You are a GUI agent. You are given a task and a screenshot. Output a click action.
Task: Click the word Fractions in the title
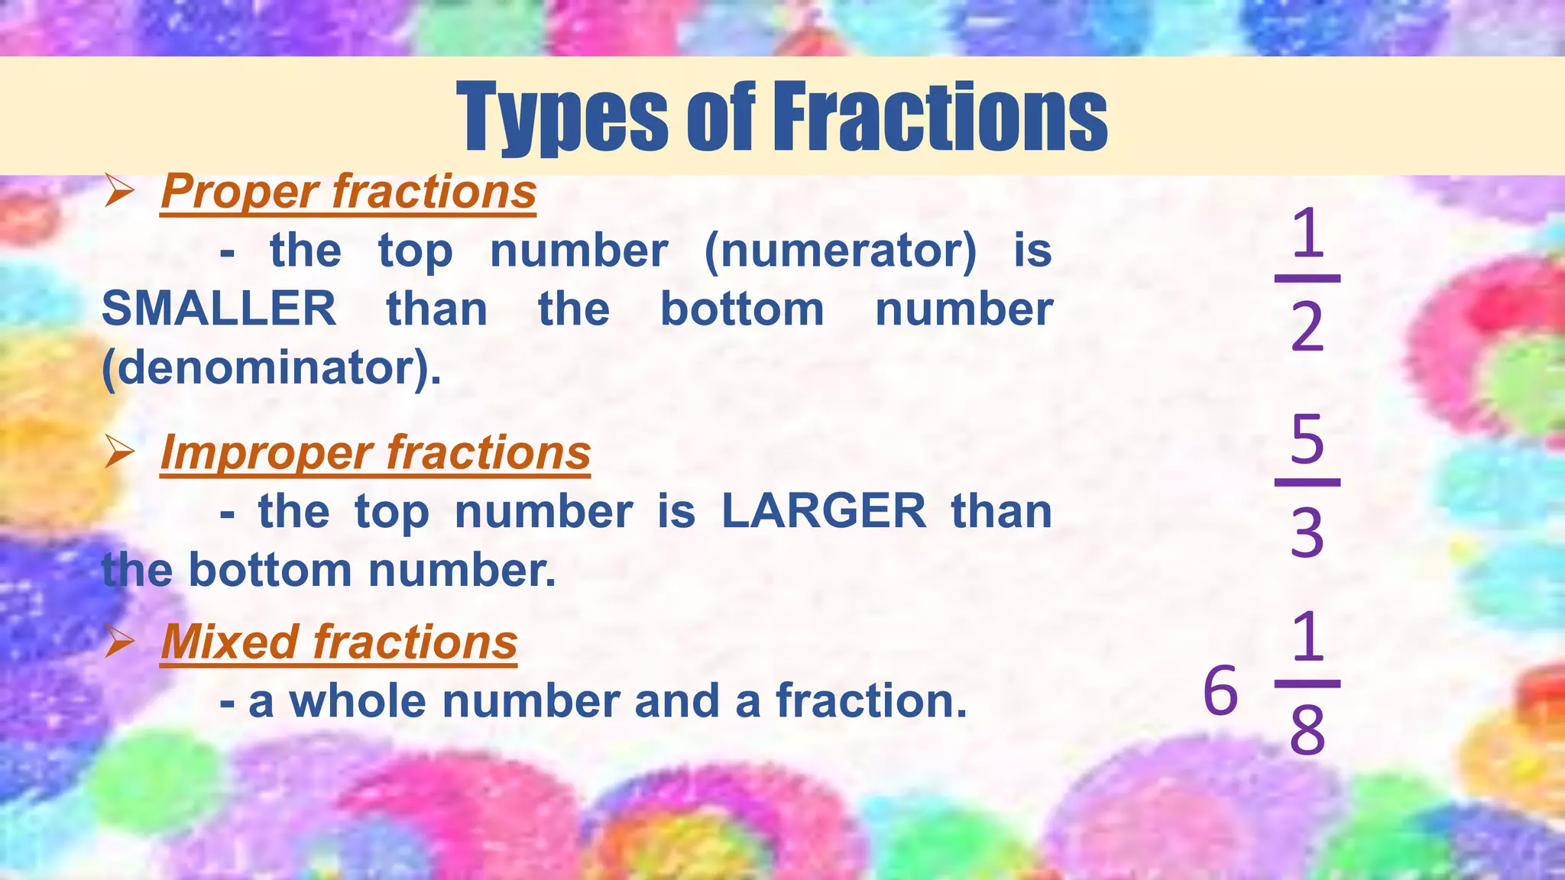940,116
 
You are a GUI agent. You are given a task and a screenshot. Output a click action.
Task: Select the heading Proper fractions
348,191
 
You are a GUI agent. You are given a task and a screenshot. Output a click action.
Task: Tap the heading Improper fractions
375,452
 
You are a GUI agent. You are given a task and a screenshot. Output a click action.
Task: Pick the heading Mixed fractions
339,642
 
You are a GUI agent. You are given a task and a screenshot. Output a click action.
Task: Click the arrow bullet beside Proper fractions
119,190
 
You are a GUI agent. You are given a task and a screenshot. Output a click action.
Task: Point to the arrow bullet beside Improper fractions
119,451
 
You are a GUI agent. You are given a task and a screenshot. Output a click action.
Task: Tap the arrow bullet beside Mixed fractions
119,641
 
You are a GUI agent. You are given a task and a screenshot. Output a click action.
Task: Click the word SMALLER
219,309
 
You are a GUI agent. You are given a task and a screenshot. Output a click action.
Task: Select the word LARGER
824,511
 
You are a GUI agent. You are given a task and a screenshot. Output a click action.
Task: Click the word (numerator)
840,251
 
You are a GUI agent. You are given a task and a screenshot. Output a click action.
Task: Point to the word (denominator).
271,368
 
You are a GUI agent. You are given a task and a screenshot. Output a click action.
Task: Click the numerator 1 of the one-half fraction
1307,234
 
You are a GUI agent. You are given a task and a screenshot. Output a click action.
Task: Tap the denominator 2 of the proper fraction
1307,327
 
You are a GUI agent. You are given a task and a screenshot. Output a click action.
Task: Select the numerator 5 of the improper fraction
1307,439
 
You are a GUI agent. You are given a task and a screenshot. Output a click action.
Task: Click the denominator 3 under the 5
1307,532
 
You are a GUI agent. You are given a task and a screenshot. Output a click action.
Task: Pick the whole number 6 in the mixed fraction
1220,690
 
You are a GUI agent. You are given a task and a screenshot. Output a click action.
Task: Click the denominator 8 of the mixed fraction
1307,730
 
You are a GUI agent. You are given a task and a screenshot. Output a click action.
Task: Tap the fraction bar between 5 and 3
1307,483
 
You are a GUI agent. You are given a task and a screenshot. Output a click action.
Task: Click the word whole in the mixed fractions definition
358,701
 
